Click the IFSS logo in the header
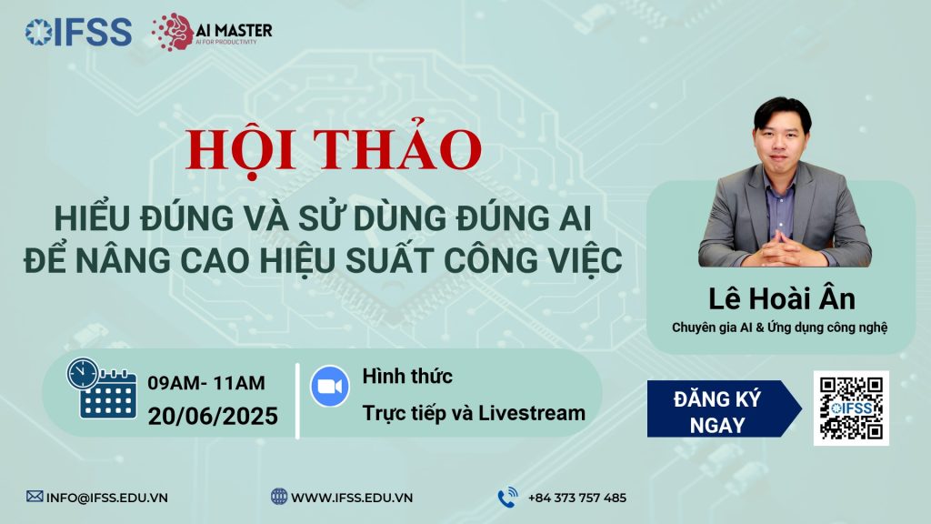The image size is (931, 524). point(78,32)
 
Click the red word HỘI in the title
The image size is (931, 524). point(241,151)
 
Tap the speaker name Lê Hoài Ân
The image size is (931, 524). point(781,298)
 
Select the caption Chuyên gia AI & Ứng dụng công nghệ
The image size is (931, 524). point(779,327)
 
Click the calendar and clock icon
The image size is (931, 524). point(102,388)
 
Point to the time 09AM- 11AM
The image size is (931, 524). point(206,383)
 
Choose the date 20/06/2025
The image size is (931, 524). point(213,416)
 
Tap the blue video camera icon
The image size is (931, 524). point(330,386)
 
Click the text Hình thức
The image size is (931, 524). point(407,376)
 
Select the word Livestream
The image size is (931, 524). point(532,413)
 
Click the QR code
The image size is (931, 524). point(851,408)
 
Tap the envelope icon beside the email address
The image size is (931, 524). point(35,496)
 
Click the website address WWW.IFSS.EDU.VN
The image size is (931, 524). point(352,498)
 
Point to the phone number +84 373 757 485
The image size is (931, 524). point(577,498)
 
